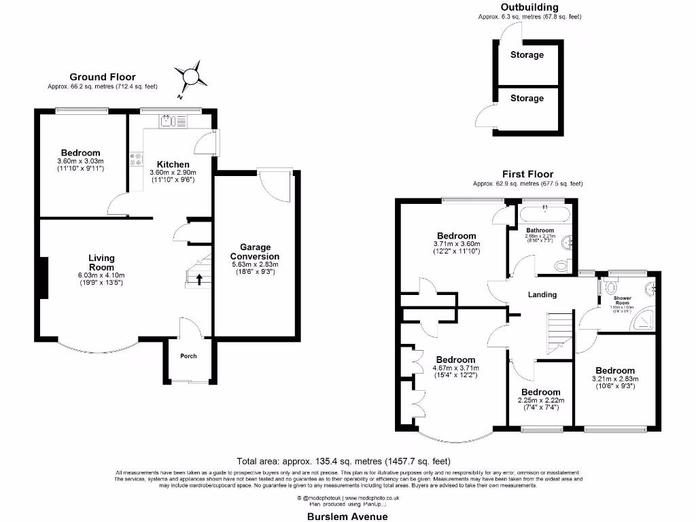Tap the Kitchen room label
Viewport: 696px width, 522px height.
173,164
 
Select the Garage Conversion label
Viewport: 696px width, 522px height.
255,251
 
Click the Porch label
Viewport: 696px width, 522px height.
188,356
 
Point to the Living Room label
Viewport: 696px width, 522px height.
101,262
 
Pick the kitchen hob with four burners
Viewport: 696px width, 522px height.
135,160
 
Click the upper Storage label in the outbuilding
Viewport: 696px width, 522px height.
527,54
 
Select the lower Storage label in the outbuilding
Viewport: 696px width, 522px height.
527,99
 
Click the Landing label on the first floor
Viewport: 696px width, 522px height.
542,294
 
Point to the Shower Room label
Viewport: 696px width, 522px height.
623,300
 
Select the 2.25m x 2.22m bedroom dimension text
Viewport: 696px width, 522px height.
541,400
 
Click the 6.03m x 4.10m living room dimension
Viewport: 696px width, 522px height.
101,275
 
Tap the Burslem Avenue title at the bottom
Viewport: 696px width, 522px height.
347,516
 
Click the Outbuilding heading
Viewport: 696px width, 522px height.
529,7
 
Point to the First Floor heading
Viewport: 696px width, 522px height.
527,175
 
